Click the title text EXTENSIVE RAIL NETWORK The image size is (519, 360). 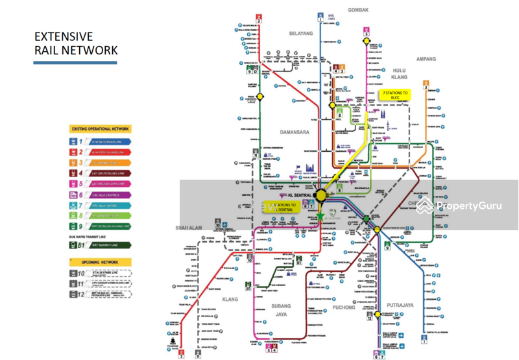(x=75, y=43)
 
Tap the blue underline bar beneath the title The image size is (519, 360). (x=75, y=63)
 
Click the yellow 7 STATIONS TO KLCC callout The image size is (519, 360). (x=396, y=95)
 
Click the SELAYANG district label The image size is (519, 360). (x=301, y=33)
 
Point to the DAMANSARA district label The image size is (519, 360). (x=293, y=132)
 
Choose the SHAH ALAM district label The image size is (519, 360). (x=189, y=228)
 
